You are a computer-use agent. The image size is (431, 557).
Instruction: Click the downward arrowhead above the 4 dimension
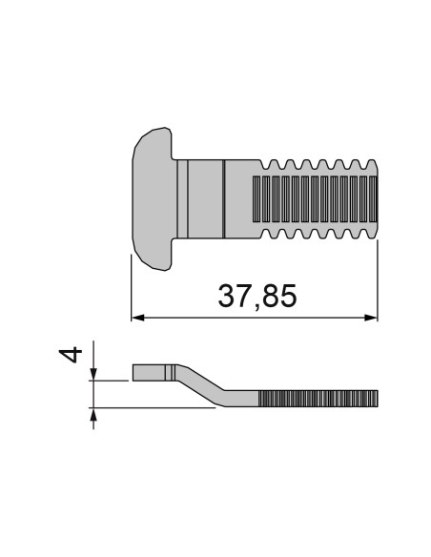tap(93, 372)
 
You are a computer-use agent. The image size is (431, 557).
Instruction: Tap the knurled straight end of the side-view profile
tap(319, 397)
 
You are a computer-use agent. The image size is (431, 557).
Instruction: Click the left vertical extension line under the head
tap(131, 286)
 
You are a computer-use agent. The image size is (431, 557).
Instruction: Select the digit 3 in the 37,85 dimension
tap(227, 296)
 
